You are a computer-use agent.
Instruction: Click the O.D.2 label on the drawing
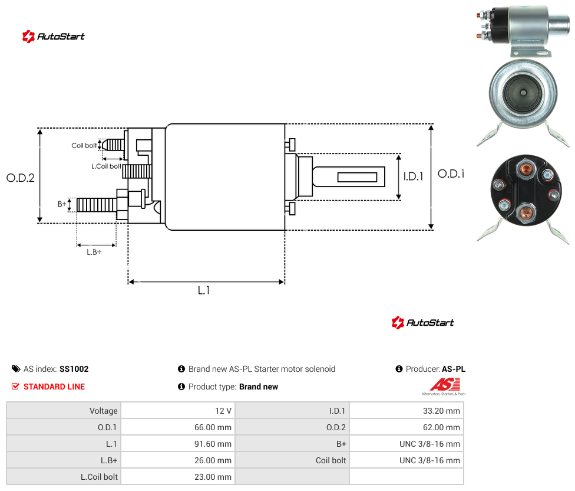[x=21, y=178]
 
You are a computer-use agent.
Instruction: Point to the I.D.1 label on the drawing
[x=414, y=176]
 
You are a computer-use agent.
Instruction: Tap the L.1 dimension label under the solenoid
[x=203, y=290]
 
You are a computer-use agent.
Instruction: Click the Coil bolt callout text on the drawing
[x=84, y=145]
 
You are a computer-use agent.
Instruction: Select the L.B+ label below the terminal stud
[x=94, y=252]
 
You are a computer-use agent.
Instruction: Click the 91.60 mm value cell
[x=213, y=444]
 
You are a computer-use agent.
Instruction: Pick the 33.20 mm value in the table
[x=441, y=411]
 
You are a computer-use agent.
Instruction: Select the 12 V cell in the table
[x=223, y=411]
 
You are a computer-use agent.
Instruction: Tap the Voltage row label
[x=104, y=411]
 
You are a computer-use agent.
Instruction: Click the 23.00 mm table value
[x=213, y=477]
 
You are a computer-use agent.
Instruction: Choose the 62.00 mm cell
[x=441, y=427]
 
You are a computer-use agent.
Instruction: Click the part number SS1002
[x=74, y=369]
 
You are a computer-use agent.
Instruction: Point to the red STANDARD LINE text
[x=54, y=387]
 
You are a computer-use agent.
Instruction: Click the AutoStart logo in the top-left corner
[x=54, y=37]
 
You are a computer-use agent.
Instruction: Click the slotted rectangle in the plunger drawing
[x=357, y=177]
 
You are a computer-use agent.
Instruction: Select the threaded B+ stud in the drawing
[x=97, y=205]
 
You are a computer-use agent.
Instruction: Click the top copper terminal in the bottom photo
[x=526, y=168]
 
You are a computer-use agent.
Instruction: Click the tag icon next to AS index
[x=16, y=369]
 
